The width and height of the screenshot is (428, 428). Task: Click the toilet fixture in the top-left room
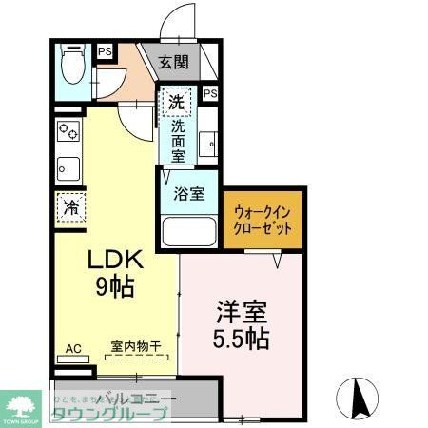tap(71, 68)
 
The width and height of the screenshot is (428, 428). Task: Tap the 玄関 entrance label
tap(172, 63)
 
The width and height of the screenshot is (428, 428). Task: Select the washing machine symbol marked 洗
tap(176, 99)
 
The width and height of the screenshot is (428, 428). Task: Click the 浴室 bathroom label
tap(188, 194)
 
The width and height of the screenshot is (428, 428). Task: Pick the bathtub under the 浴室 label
tap(190, 232)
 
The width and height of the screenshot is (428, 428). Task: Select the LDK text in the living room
tap(116, 260)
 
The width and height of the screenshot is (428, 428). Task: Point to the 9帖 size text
tap(116, 286)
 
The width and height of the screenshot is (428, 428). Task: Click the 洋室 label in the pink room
tap(235, 311)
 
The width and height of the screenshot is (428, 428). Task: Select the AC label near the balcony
tap(73, 349)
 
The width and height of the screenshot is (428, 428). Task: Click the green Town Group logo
tap(20, 405)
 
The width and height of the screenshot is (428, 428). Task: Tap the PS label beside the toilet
tap(103, 52)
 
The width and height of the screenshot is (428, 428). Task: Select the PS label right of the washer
tap(210, 93)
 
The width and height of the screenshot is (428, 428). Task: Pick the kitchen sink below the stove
tap(68, 169)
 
